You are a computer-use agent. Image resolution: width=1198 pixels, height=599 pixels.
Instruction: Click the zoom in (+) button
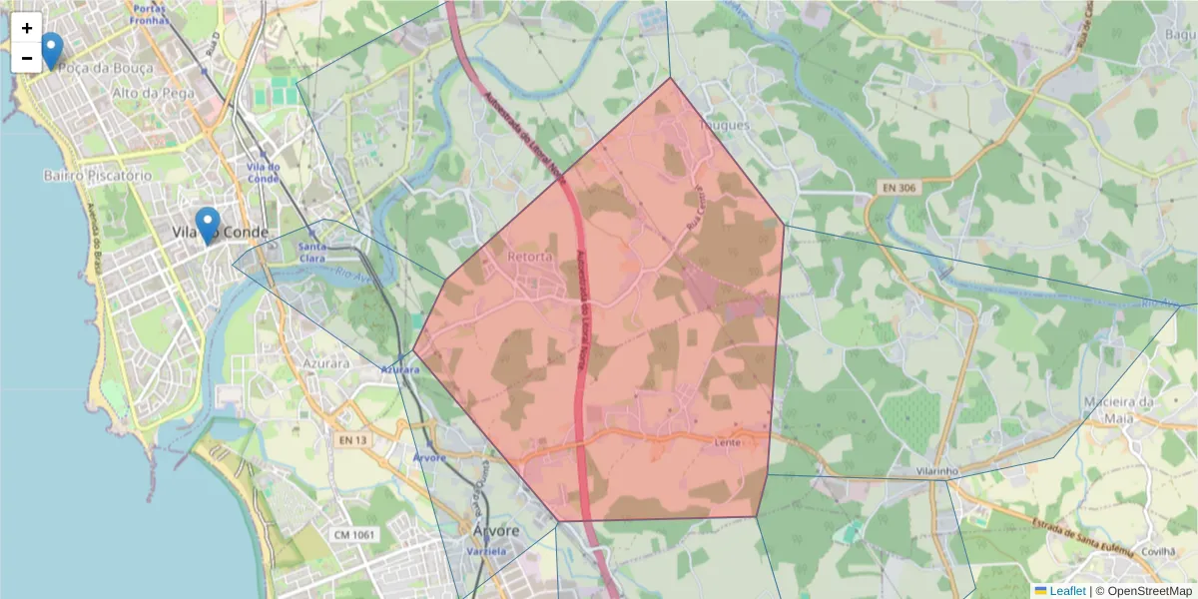click(x=27, y=28)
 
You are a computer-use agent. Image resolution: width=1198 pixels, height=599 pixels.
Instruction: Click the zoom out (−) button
click(x=27, y=58)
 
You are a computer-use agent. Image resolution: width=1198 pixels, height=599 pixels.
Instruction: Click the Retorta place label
click(x=529, y=257)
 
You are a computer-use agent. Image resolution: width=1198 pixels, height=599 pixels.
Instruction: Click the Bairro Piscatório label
click(x=97, y=175)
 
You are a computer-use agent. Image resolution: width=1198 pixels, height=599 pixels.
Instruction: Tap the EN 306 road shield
click(x=899, y=187)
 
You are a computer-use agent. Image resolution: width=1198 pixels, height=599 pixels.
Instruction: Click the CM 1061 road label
click(x=354, y=535)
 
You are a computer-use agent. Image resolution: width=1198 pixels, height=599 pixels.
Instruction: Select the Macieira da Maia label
click(x=1118, y=409)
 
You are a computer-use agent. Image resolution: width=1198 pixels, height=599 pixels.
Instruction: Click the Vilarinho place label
click(x=938, y=470)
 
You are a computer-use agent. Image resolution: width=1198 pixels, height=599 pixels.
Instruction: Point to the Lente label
click(x=726, y=441)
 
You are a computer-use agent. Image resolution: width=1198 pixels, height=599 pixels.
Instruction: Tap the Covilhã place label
click(x=1159, y=550)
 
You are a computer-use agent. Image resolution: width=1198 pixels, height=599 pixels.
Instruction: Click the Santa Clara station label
click(x=312, y=253)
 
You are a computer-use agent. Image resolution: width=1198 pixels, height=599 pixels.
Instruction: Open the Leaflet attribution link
click(x=1067, y=591)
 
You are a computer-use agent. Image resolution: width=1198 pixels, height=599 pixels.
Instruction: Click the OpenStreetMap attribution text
click(x=1146, y=591)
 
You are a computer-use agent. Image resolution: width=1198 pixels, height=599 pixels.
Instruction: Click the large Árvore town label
click(x=495, y=531)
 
